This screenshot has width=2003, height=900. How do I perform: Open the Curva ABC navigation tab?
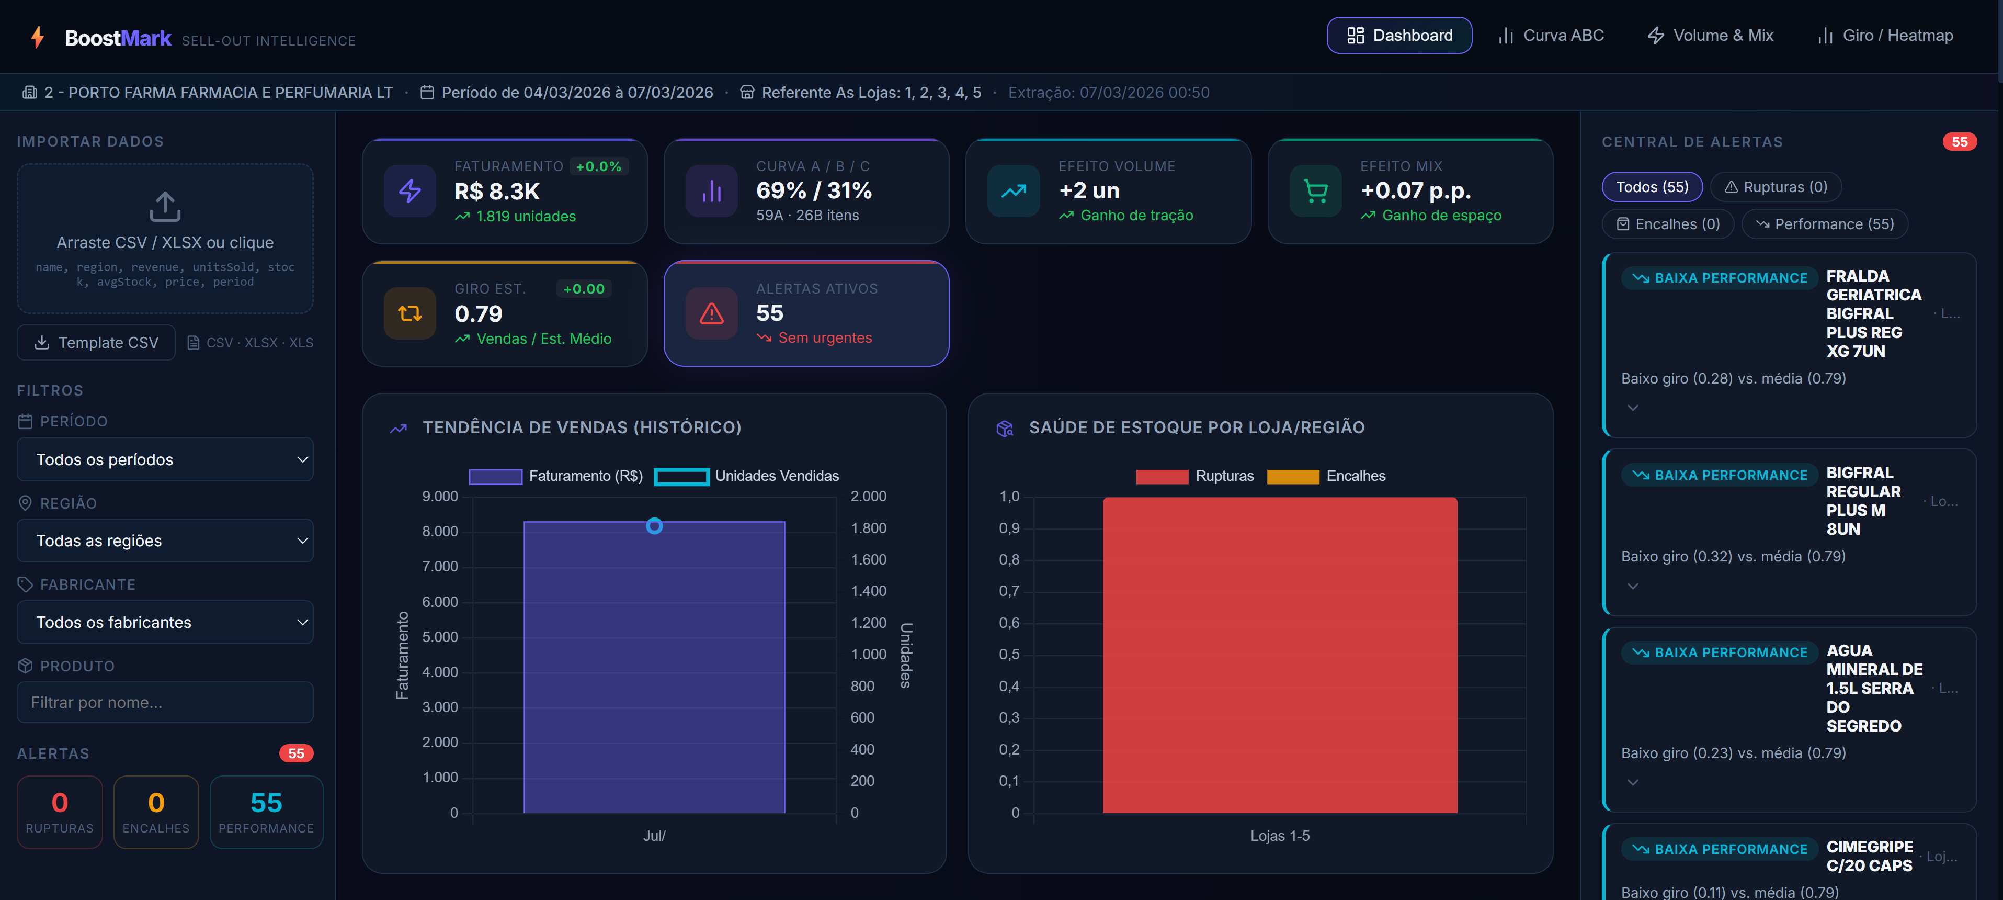1551,36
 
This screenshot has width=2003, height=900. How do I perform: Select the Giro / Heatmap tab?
1885,36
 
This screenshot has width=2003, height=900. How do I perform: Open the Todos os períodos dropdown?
165,460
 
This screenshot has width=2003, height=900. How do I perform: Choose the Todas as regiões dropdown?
165,541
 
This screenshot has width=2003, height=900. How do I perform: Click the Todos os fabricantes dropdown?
165,622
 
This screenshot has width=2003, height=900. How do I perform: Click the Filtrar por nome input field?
165,702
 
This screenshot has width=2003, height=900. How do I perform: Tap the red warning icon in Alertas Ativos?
711,313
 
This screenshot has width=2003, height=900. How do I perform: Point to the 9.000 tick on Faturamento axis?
440,496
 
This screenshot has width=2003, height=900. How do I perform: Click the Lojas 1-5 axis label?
1279,836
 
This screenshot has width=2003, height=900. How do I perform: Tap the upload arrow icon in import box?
165,207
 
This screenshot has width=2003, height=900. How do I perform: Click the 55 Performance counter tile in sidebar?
266,812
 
